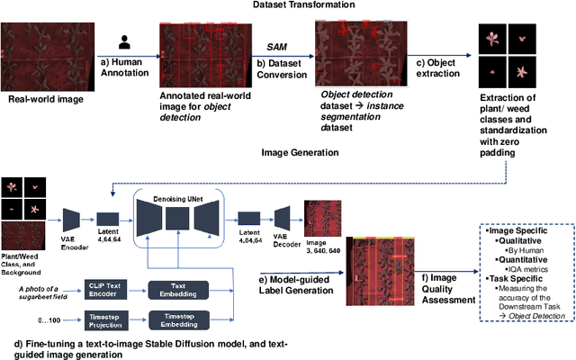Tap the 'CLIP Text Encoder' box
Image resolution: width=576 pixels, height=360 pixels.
click(x=111, y=288)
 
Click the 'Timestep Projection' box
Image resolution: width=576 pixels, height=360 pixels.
click(x=111, y=322)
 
